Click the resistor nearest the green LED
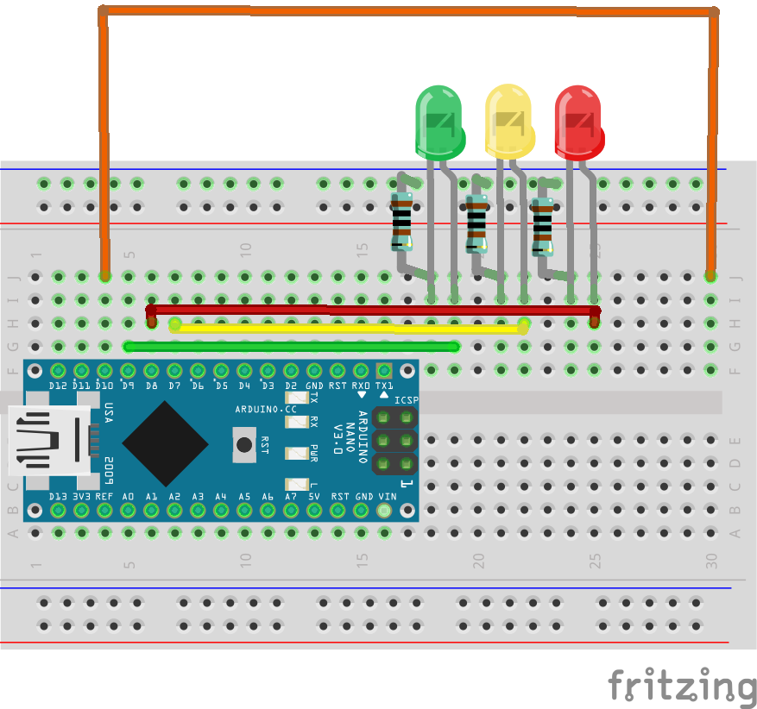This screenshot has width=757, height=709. point(401,223)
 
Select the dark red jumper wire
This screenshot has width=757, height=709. point(371,309)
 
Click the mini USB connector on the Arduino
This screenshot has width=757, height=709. point(47,441)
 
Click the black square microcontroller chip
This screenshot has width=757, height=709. point(165,443)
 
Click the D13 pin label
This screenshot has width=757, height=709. point(58,497)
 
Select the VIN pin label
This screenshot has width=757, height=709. point(387,497)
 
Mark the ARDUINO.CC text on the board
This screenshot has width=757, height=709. point(266,408)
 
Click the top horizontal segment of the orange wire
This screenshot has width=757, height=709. point(406,11)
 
